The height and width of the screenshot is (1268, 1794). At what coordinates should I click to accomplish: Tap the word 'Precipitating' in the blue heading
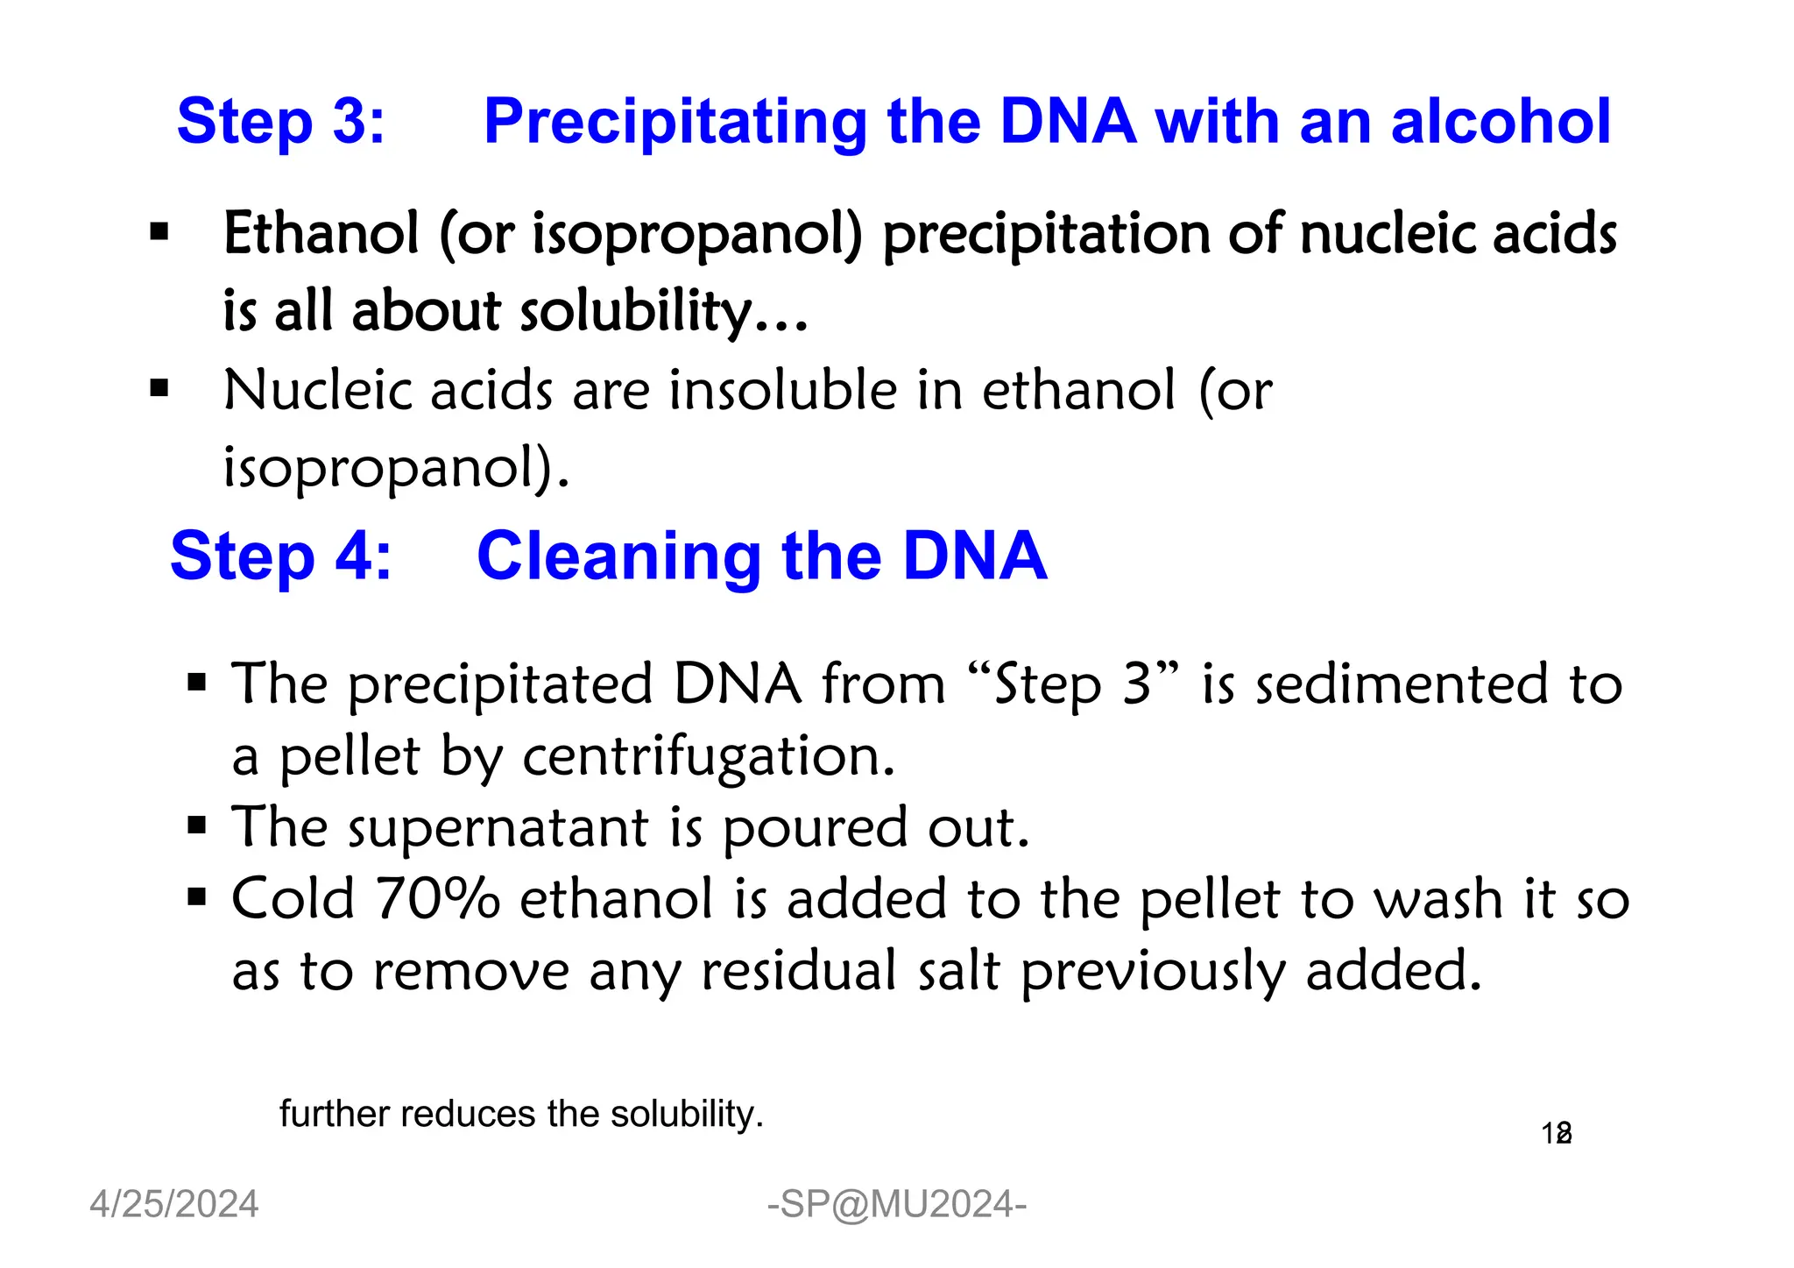coord(675,123)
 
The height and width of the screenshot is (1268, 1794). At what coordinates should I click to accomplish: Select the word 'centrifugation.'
coord(709,756)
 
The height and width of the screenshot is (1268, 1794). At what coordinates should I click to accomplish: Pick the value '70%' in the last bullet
coord(437,899)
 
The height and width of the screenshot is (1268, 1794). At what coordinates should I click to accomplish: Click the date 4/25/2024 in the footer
coord(174,1204)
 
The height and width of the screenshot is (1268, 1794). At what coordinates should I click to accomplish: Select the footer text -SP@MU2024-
coord(896,1204)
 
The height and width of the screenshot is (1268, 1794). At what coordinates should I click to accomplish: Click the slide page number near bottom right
coord(1556,1134)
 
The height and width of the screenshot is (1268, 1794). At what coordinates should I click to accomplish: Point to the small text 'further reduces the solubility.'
coord(521,1114)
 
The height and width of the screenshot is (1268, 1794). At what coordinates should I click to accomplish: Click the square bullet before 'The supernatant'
coord(197,825)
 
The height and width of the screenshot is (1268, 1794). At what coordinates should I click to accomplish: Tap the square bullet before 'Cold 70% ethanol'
coord(197,897)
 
